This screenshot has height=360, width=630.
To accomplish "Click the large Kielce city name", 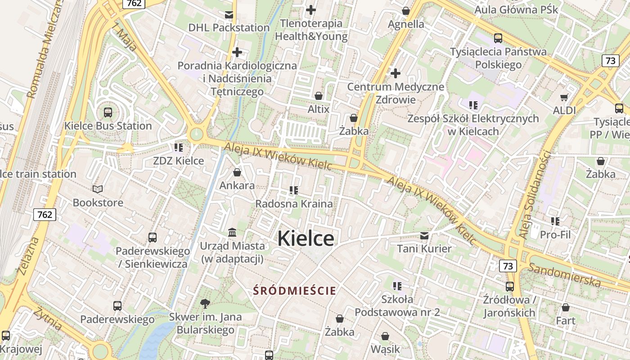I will pos(306,238).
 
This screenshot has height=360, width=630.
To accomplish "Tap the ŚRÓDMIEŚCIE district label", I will pos(294,291).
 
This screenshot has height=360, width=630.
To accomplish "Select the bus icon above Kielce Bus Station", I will pos(108,112).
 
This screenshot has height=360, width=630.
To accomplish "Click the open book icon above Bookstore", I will pos(98,189).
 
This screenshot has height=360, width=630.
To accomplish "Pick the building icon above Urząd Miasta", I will pos(232,233).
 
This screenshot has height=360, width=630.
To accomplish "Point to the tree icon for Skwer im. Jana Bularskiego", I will pos(205,303).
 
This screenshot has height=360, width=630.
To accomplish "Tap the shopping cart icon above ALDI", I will pos(564,97).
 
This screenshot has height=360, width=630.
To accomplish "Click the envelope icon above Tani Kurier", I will pos(424,235).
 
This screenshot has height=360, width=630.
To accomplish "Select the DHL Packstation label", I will pos(229,27).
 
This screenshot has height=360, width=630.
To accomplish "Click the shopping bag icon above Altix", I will pos(319,96).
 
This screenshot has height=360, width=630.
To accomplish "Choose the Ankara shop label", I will pos(237,185).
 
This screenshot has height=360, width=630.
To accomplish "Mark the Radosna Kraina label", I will pos(294,204).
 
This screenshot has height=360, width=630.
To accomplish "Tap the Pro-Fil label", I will pos(555,234).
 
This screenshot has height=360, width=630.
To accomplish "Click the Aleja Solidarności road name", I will pos(534,194).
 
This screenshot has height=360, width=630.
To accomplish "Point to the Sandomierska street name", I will pos(564,274).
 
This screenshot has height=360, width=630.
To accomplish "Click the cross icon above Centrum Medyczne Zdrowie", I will pos(396,73).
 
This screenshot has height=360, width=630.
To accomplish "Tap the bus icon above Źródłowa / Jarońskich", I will pos(510,286).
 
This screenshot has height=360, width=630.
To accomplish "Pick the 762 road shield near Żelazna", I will pos(45,215).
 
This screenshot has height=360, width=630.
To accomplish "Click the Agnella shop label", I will pos(406,24).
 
